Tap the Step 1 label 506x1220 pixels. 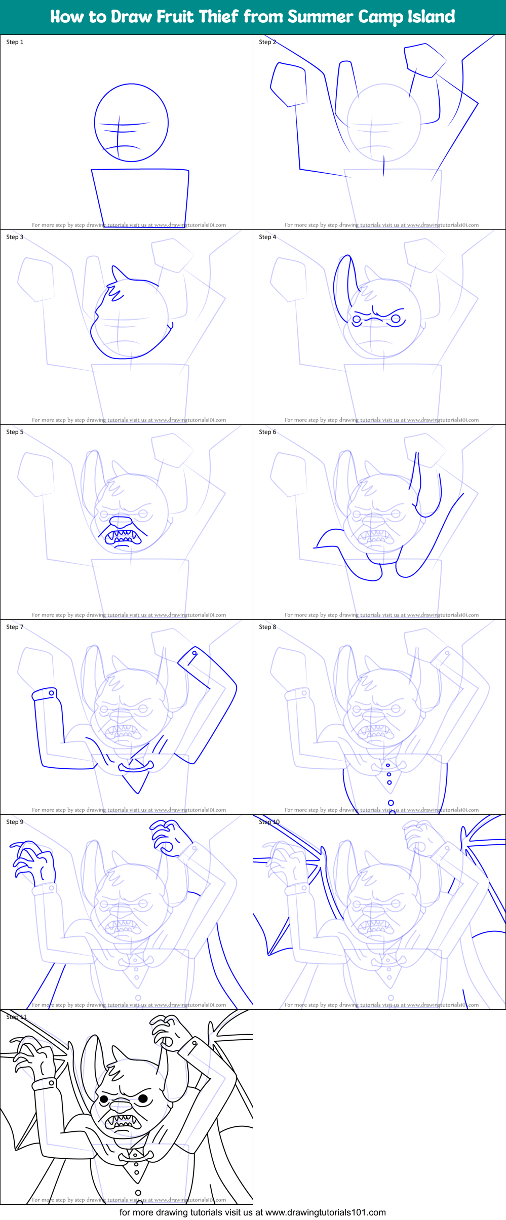tap(15, 42)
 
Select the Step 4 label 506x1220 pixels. tap(267, 237)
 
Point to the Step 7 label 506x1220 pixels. tap(15, 627)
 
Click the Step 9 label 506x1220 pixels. tap(15, 822)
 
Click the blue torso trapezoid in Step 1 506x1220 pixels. tap(140, 198)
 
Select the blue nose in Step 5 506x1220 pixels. tap(121, 522)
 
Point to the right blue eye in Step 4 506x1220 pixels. tap(396, 319)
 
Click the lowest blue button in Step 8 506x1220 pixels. tap(391, 803)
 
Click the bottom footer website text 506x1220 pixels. tap(252, 1212)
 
